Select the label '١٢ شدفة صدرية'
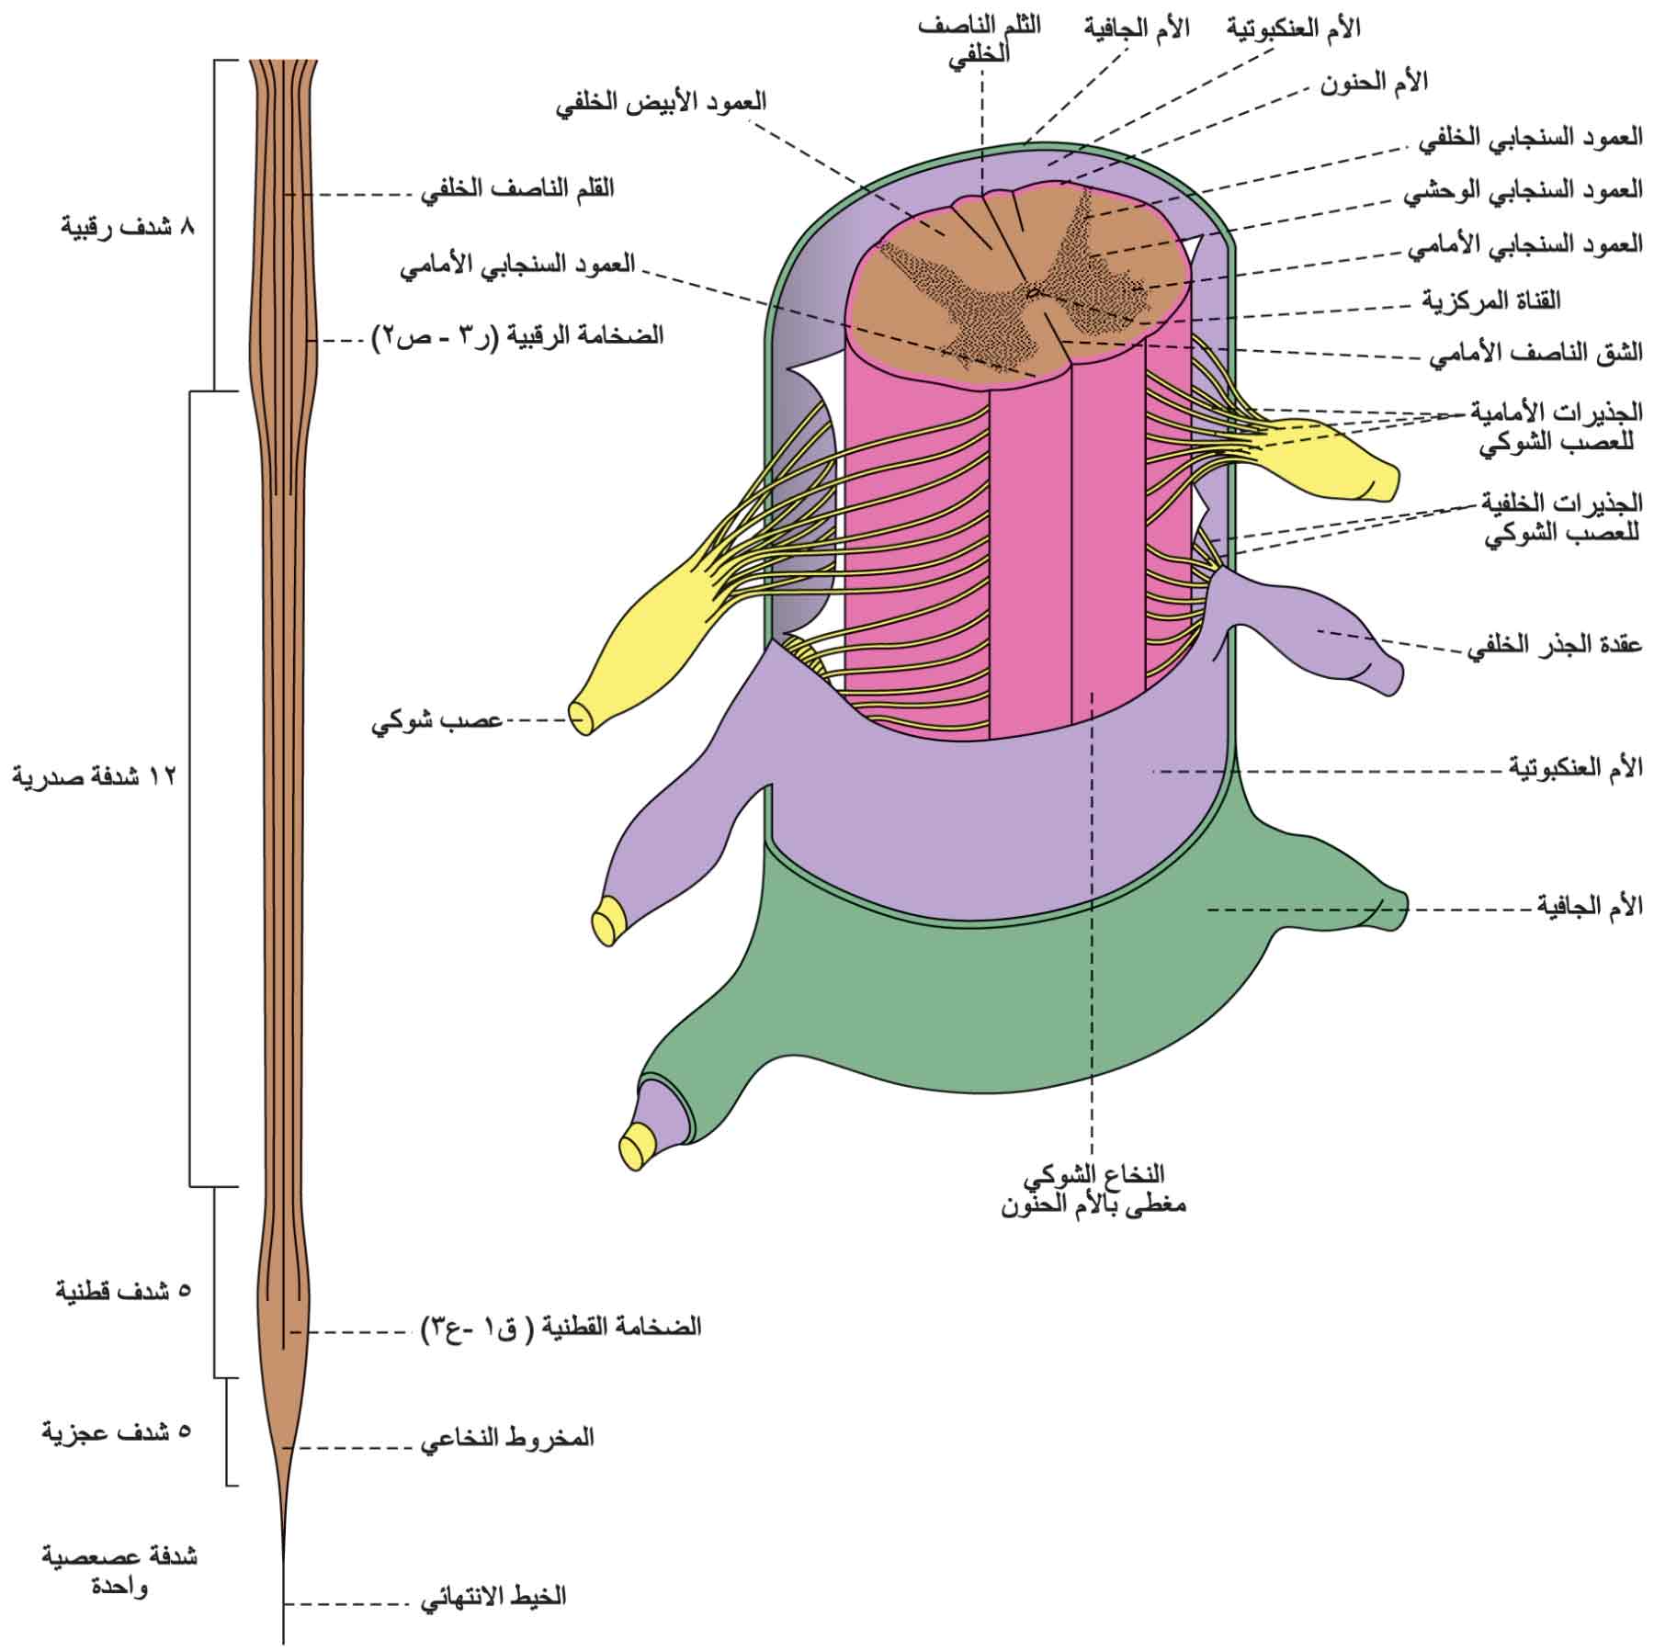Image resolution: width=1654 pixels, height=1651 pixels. (x=93, y=776)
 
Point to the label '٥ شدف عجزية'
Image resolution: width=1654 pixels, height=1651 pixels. (x=118, y=1430)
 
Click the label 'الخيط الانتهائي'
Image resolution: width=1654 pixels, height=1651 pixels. (x=493, y=1596)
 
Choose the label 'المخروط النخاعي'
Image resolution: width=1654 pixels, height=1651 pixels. (x=507, y=1437)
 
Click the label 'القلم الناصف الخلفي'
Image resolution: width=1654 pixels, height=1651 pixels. (x=517, y=189)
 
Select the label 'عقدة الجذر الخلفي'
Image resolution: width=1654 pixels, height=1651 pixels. (x=1554, y=644)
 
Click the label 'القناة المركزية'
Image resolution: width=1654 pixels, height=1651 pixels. (x=1491, y=300)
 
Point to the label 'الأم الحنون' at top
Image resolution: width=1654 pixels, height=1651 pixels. (x=1374, y=82)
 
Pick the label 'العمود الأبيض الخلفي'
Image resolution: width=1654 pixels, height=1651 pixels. (x=661, y=101)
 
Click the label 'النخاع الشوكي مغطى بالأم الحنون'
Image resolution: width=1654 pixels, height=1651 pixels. (x=1093, y=1189)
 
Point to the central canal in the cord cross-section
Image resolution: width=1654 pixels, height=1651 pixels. (x=1033, y=293)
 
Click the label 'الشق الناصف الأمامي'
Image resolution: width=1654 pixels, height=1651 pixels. (x=1535, y=352)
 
